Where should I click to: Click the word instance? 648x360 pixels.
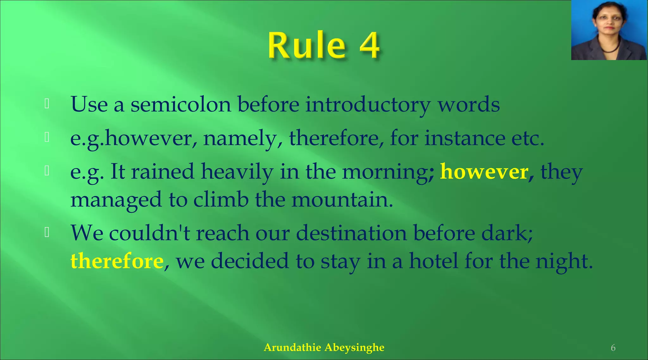[465, 139]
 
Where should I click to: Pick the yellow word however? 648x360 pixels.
[484, 172]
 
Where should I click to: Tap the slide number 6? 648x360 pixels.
[613, 348]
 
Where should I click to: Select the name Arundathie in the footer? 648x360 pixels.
[293, 347]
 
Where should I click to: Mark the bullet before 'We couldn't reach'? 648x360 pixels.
[47, 232]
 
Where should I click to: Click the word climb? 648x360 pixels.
[221, 200]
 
